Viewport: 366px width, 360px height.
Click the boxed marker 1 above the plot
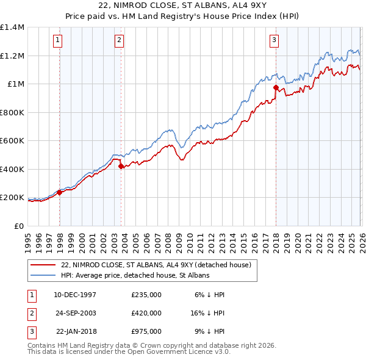pyautogui.click(x=57, y=41)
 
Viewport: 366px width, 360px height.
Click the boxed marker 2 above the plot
pyautogui.click(x=119, y=41)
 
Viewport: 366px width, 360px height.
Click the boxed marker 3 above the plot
pyautogui.click(x=274, y=41)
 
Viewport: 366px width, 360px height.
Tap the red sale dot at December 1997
pyautogui.click(x=60, y=193)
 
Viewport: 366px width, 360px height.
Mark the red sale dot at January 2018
pyautogui.click(x=276, y=88)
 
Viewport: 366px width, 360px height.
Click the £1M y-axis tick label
pyautogui.click(x=16, y=84)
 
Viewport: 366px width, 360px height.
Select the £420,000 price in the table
pyautogui.click(x=146, y=313)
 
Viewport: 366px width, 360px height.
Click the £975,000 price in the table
pyautogui.click(x=146, y=331)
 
